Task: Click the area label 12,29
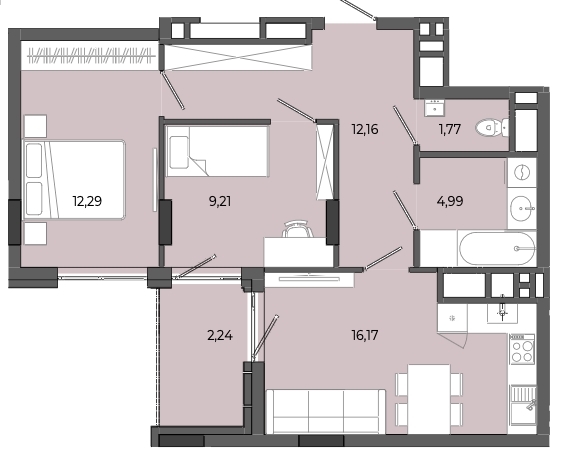point(87,201)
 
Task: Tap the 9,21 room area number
point(220,201)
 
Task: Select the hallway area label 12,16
point(365,129)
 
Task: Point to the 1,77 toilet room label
point(450,129)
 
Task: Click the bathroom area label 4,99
point(450,201)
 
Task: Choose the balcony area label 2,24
point(220,335)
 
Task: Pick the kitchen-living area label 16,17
point(365,335)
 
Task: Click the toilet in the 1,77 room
point(492,128)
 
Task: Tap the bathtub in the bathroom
point(496,249)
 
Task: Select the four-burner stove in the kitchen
point(522,349)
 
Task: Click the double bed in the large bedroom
point(74,180)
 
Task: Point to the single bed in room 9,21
point(217,151)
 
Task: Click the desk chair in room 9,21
point(297,229)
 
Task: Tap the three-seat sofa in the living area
point(326,411)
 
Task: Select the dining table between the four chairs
point(429,399)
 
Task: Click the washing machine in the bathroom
point(522,172)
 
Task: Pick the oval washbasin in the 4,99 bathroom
point(522,208)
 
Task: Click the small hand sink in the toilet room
point(434,107)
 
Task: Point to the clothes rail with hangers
point(92,56)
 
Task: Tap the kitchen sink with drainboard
point(522,404)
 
